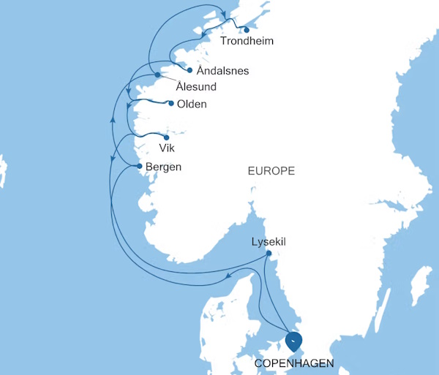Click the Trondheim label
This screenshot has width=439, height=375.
[x=247, y=41]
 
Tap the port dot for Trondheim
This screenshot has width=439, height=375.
[x=247, y=30]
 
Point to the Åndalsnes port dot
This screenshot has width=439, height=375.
[x=190, y=70]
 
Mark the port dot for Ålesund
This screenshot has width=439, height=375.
[x=157, y=75]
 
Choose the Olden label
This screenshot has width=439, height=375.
[x=192, y=104]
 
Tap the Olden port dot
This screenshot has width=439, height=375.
[x=171, y=103]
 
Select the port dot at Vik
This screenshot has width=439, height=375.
[x=167, y=137]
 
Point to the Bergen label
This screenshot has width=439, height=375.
[x=163, y=167]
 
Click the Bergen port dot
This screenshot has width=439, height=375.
[x=139, y=166]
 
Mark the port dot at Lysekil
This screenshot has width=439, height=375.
[x=269, y=254]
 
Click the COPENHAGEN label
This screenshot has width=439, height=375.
[x=293, y=363]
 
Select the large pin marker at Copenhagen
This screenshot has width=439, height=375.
[x=294, y=341]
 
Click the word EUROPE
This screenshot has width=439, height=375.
[x=271, y=171]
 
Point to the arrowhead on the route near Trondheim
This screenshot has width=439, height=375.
[x=222, y=11]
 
